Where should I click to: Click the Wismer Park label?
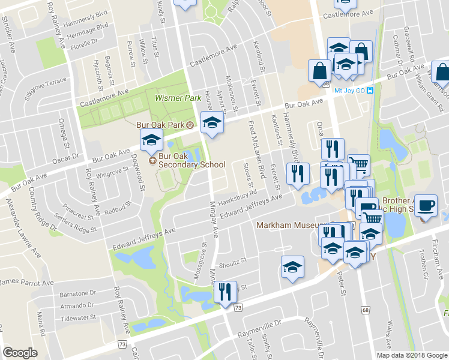coord(170,97)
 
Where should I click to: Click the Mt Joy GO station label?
coord(350,91)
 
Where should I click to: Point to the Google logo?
coord(20,353)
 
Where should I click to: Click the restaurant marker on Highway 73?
coord(226,292)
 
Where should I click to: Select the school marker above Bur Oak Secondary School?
coord(151,142)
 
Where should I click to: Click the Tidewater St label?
coord(78,317)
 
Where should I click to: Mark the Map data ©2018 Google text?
coord(411,355)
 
